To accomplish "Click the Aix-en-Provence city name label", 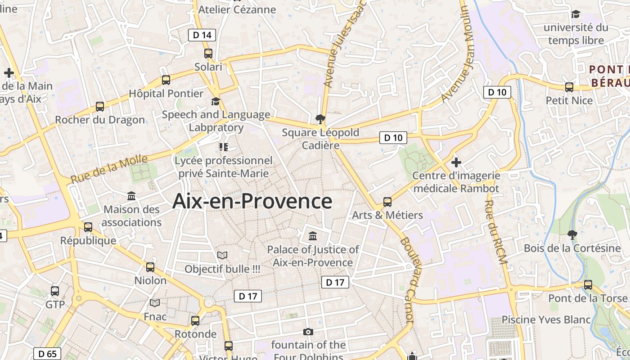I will click(x=252, y=201).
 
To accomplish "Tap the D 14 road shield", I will click(x=202, y=35).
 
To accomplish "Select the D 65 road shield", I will click(x=47, y=354).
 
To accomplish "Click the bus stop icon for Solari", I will click(x=208, y=54).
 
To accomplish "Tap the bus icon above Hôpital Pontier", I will click(x=166, y=80).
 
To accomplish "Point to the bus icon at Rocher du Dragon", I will click(x=100, y=107).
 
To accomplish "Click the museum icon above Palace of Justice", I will click(x=313, y=236).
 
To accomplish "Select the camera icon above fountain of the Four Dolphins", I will click(x=308, y=332).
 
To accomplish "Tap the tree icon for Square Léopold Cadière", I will click(x=320, y=119).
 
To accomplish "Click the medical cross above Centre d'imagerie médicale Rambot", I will click(x=456, y=162).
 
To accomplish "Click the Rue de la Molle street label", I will click(x=109, y=168).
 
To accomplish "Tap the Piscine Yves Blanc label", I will click(x=546, y=319).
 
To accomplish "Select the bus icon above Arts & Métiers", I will click(x=387, y=202).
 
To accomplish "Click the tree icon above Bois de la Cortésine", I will click(x=572, y=234).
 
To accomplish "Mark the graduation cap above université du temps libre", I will click(x=576, y=14).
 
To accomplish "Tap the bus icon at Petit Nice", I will click(x=569, y=87).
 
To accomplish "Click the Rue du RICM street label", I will click(x=495, y=232).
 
